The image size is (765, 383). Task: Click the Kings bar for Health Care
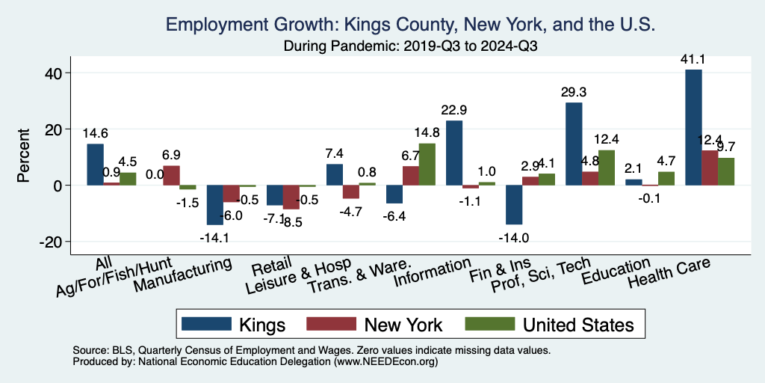[x=693, y=127]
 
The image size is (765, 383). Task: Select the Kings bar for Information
[x=454, y=153]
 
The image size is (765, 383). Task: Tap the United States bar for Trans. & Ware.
[x=427, y=164]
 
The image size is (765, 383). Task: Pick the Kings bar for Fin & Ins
[x=514, y=204]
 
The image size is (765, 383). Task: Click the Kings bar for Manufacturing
[x=215, y=204]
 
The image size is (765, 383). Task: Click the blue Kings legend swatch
[x=205, y=324]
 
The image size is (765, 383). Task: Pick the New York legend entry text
[x=403, y=325]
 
